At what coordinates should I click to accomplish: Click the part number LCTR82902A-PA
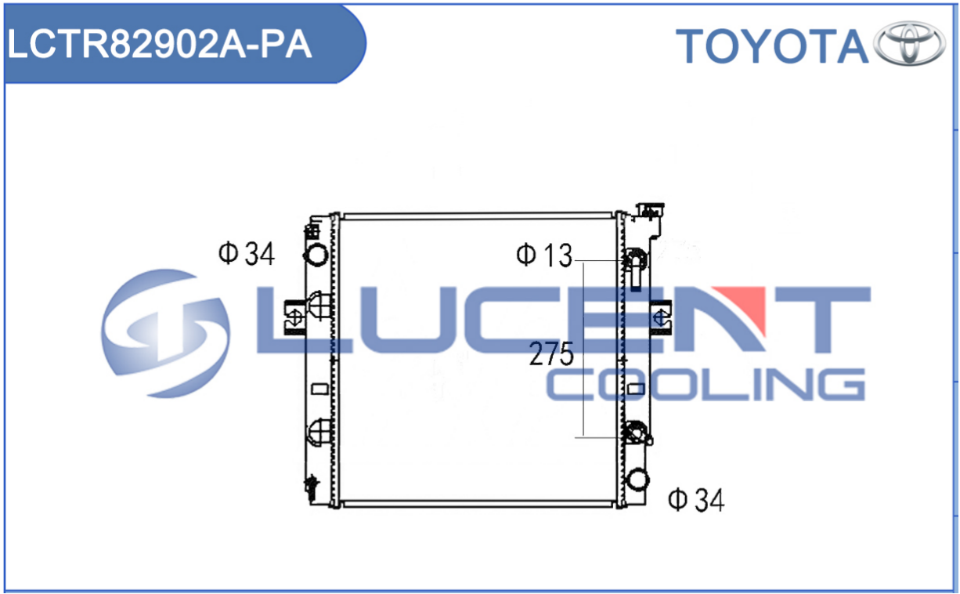point(159,44)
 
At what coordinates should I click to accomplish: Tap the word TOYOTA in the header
point(772,46)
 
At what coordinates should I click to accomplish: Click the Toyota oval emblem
point(909,43)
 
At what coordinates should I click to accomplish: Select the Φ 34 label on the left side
point(247,254)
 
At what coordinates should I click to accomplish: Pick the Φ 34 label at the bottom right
point(696,500)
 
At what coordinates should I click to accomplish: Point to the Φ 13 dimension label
point(544,255)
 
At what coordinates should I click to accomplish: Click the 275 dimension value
point(551,354)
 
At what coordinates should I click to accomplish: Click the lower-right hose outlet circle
point(637,479)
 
